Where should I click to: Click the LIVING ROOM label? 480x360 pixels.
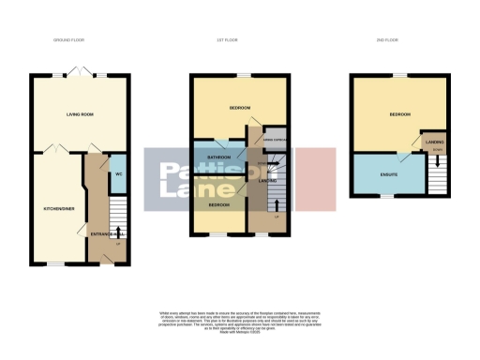79,115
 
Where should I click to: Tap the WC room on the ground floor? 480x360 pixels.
118,174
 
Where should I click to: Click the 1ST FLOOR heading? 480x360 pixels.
237,41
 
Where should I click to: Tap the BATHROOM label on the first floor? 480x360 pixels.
218,157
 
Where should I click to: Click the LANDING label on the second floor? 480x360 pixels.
434,143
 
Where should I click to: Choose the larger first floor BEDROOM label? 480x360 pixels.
240,109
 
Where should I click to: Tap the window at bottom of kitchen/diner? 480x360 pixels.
56,264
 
